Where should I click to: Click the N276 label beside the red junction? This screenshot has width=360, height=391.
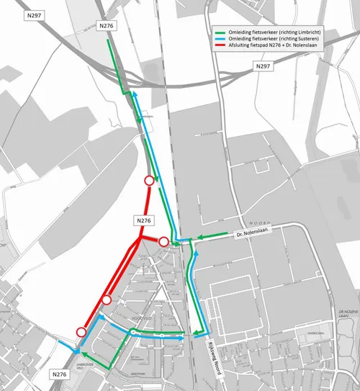pos(144,220)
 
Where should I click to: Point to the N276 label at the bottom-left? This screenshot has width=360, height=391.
pos(60,374)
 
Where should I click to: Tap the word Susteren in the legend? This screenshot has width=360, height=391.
pos(300,39)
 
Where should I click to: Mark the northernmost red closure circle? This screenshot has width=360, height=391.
pos(149,181)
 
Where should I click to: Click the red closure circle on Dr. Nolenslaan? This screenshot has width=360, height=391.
pos(163,241)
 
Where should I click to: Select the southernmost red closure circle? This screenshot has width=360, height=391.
pos(81,331)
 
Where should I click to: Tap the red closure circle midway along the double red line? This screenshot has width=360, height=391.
pos(107,300)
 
